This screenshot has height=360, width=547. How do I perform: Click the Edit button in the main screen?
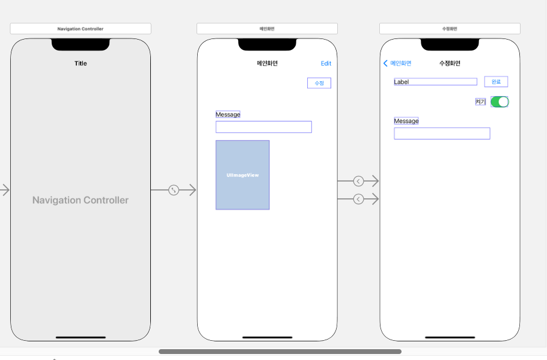pos(326,63)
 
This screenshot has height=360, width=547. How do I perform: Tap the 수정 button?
pos(319,83)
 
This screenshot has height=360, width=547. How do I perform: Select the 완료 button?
pos(496,82)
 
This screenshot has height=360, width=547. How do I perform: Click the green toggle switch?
pos(500,102)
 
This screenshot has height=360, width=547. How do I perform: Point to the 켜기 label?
pos(480,102)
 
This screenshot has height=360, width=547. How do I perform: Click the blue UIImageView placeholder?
pos(242,175)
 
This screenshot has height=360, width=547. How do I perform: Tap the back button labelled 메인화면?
pos(397,63)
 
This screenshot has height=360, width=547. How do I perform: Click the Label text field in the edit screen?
pos(435,82)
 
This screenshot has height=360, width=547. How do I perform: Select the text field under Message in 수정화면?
pos(442,133)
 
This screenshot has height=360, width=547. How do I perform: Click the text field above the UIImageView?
pos(263,127)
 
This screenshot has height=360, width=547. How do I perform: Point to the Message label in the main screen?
pos(228,114)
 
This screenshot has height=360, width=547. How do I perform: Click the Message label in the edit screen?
pos(406,121)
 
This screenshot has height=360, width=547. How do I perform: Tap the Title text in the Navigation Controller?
pos(81,63)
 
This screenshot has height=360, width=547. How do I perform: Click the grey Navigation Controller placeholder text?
pos(81,200)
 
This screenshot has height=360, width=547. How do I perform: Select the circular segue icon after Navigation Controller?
pos(174,190)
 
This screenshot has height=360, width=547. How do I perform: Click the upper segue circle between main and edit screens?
pos(358,181)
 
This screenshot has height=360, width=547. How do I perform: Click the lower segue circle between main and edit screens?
pos(358,199)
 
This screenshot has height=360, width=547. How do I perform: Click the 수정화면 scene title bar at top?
pos(450,29)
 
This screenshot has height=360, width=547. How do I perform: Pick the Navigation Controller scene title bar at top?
pos(81,29)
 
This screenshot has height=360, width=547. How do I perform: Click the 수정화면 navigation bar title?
pos(450,63)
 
